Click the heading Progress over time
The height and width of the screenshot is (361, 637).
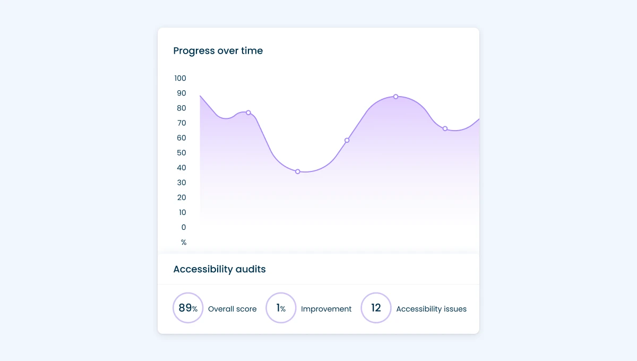pos(218,51)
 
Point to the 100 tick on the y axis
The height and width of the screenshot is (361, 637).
pos(180,79)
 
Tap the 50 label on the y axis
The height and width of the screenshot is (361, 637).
pos(181,153)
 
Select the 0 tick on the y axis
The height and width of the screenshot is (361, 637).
pos(184,227)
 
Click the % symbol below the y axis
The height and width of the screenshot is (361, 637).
pos(184,243)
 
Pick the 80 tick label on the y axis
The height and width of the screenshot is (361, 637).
pos(181,108)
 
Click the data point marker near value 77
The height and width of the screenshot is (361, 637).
pos(248,113)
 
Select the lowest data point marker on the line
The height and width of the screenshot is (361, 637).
pos(297,171)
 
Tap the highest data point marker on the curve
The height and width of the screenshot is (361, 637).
pos(395,97)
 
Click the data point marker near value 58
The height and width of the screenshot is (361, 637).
pos(347,140)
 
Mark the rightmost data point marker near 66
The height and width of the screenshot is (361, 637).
pos(445,128)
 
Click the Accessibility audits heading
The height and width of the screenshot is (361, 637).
pos(219,269)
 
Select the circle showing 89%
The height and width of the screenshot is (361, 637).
pos(188,308)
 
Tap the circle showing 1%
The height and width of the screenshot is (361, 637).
pos(281,308)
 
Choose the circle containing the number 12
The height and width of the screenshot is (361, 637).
pos(376,308)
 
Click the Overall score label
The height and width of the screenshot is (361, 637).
pos(232,309)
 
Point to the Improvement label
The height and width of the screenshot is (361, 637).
pos(326,309)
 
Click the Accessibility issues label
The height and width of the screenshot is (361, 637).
pos(431,309)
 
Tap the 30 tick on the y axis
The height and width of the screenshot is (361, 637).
pos(181,183)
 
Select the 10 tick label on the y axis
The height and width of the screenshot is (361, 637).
pos(182,212)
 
